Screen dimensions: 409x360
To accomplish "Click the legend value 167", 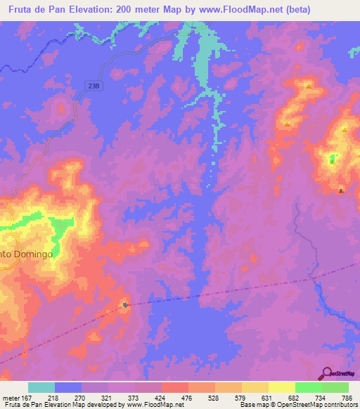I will [x=27, y=398].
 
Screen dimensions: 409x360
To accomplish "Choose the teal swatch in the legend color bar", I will [x=41, y=387].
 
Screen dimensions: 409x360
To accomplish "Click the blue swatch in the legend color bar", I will [x=68, y=387].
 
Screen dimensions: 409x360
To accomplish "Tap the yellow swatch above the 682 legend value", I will [x=281, y=387].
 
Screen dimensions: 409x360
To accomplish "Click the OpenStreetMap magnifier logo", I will [x=326, y=372].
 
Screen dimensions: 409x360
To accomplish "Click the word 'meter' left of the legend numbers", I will [x=11, y=398].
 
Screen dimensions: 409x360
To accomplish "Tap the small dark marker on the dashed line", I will [x=125, y=305].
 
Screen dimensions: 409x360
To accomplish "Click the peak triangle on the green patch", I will [x=333, y=159].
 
